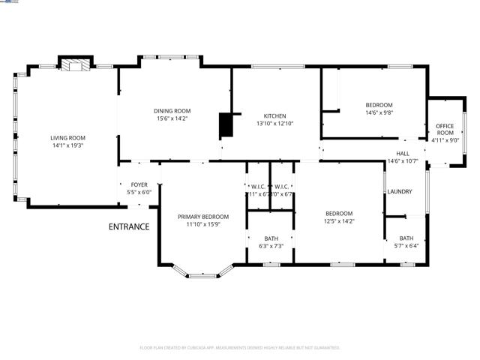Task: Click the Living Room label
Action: pos(67,138)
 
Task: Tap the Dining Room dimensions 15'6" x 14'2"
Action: pos(172,118)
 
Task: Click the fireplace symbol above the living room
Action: pos(74,65)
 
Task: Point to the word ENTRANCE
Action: pos(129,226)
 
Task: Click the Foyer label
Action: pos(139,184)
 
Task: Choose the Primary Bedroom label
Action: pos(203,217)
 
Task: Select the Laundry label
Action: pos(400,191)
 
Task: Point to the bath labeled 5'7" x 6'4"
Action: pos(406,242)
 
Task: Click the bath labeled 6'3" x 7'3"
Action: pos(271,242)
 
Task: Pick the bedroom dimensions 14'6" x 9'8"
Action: pos(379,112)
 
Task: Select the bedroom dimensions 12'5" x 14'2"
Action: pos(339,221)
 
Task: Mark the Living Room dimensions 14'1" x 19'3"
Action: pos(67,146)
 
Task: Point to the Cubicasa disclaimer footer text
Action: pos(240,348)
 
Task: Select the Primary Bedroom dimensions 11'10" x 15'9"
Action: pos(203,224)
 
